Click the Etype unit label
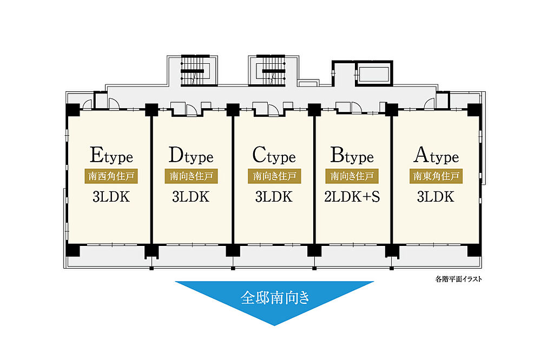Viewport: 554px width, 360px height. pyautogui.click(x=111, y=156)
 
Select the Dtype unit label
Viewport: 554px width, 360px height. pyautogui.click(x=191, y=156)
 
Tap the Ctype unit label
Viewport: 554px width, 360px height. pyautogui.click(x=274, y=156)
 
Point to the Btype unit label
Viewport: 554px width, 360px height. pyautogui.click(x=352, y=156)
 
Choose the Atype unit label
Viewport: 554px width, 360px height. pyautogui.click(x=436, y=156)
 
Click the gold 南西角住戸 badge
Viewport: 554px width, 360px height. pyautogui.click(x=111, y=176)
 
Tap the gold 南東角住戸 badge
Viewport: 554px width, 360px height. pyautogui.click(x=436, y=176)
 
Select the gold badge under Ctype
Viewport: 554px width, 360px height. pyautogui.click(x=274, y=176)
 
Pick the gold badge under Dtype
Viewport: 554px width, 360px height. pyautogui.click(x=191, y=176)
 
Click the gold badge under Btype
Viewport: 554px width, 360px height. pyautogui.click(x=352, y=176)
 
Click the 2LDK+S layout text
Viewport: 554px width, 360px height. pyautogui.click(x=352, y=197)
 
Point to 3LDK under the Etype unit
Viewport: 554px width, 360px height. pyautogui.click(x=111, y=197)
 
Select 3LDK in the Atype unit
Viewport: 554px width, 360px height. pyautogui.click(x=436, y=197)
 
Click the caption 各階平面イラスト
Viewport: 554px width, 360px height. pyautogui.click(x=458, y=279)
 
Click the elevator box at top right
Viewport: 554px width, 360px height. pyautogui.click(x=374, y=74)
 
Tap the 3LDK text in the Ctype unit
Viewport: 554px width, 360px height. pyautogui.click(x=274, y=197)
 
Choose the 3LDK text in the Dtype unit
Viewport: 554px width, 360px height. pyautogui.click(x=190, y=197)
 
